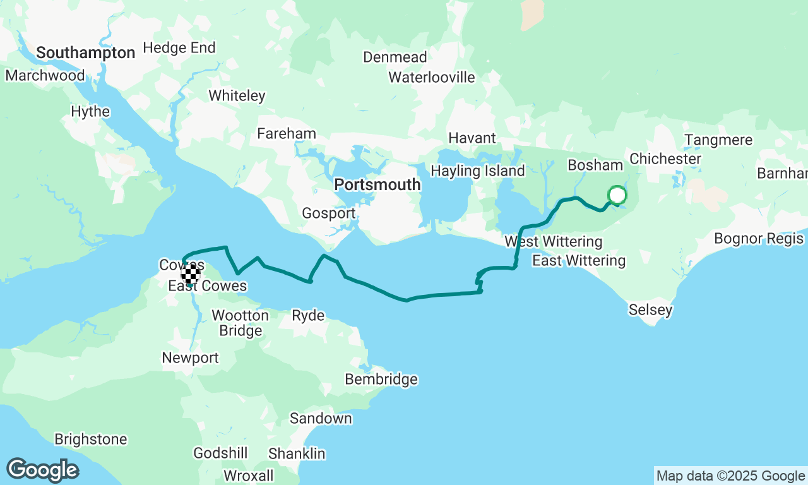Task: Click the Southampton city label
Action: (85, 53)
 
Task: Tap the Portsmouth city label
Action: (377, 184)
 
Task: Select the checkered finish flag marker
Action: (191, 274)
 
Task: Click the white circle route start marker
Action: (617, 195)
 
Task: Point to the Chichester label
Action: (665, 159)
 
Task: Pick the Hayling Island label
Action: (477, 171)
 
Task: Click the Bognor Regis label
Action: (758, 239)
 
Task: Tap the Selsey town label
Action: (650, 310)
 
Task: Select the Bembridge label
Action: (381, 379)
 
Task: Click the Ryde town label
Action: (308, 316)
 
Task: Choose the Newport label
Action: (190, 358)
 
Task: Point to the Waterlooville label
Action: (431, 77)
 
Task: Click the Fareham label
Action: (286, 134)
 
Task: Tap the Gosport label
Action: (328, 213)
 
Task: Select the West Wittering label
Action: (553, 242)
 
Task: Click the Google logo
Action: (42, 470)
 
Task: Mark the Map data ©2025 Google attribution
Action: (730, 476)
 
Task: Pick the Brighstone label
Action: (91, 439)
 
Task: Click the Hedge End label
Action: (179, 48)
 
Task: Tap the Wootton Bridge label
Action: (240, 323)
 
